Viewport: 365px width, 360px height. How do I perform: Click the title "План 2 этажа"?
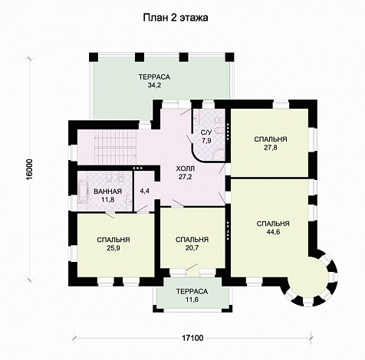176,18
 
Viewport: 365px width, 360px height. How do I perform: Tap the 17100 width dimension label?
193,338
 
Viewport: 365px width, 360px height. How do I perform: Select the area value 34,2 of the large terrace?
154,85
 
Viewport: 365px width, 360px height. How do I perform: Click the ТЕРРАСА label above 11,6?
192,291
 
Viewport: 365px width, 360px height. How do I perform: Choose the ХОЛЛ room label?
186,169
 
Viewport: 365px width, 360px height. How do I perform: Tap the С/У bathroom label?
206,133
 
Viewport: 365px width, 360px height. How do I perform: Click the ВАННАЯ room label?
107,191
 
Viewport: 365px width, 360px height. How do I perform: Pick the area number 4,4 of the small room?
145,191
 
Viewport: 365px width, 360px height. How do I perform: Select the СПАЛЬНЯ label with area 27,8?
271,139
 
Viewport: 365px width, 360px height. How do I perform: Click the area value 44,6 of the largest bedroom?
273,232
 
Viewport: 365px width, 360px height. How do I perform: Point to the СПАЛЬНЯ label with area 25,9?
113,240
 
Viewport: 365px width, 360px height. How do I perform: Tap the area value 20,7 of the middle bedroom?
192,247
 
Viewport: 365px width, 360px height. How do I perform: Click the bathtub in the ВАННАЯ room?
82,191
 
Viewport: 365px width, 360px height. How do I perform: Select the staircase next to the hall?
115,148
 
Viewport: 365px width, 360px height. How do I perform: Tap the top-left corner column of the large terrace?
94,57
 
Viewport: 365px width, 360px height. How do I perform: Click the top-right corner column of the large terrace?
229,57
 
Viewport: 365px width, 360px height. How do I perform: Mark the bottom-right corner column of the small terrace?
228,308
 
